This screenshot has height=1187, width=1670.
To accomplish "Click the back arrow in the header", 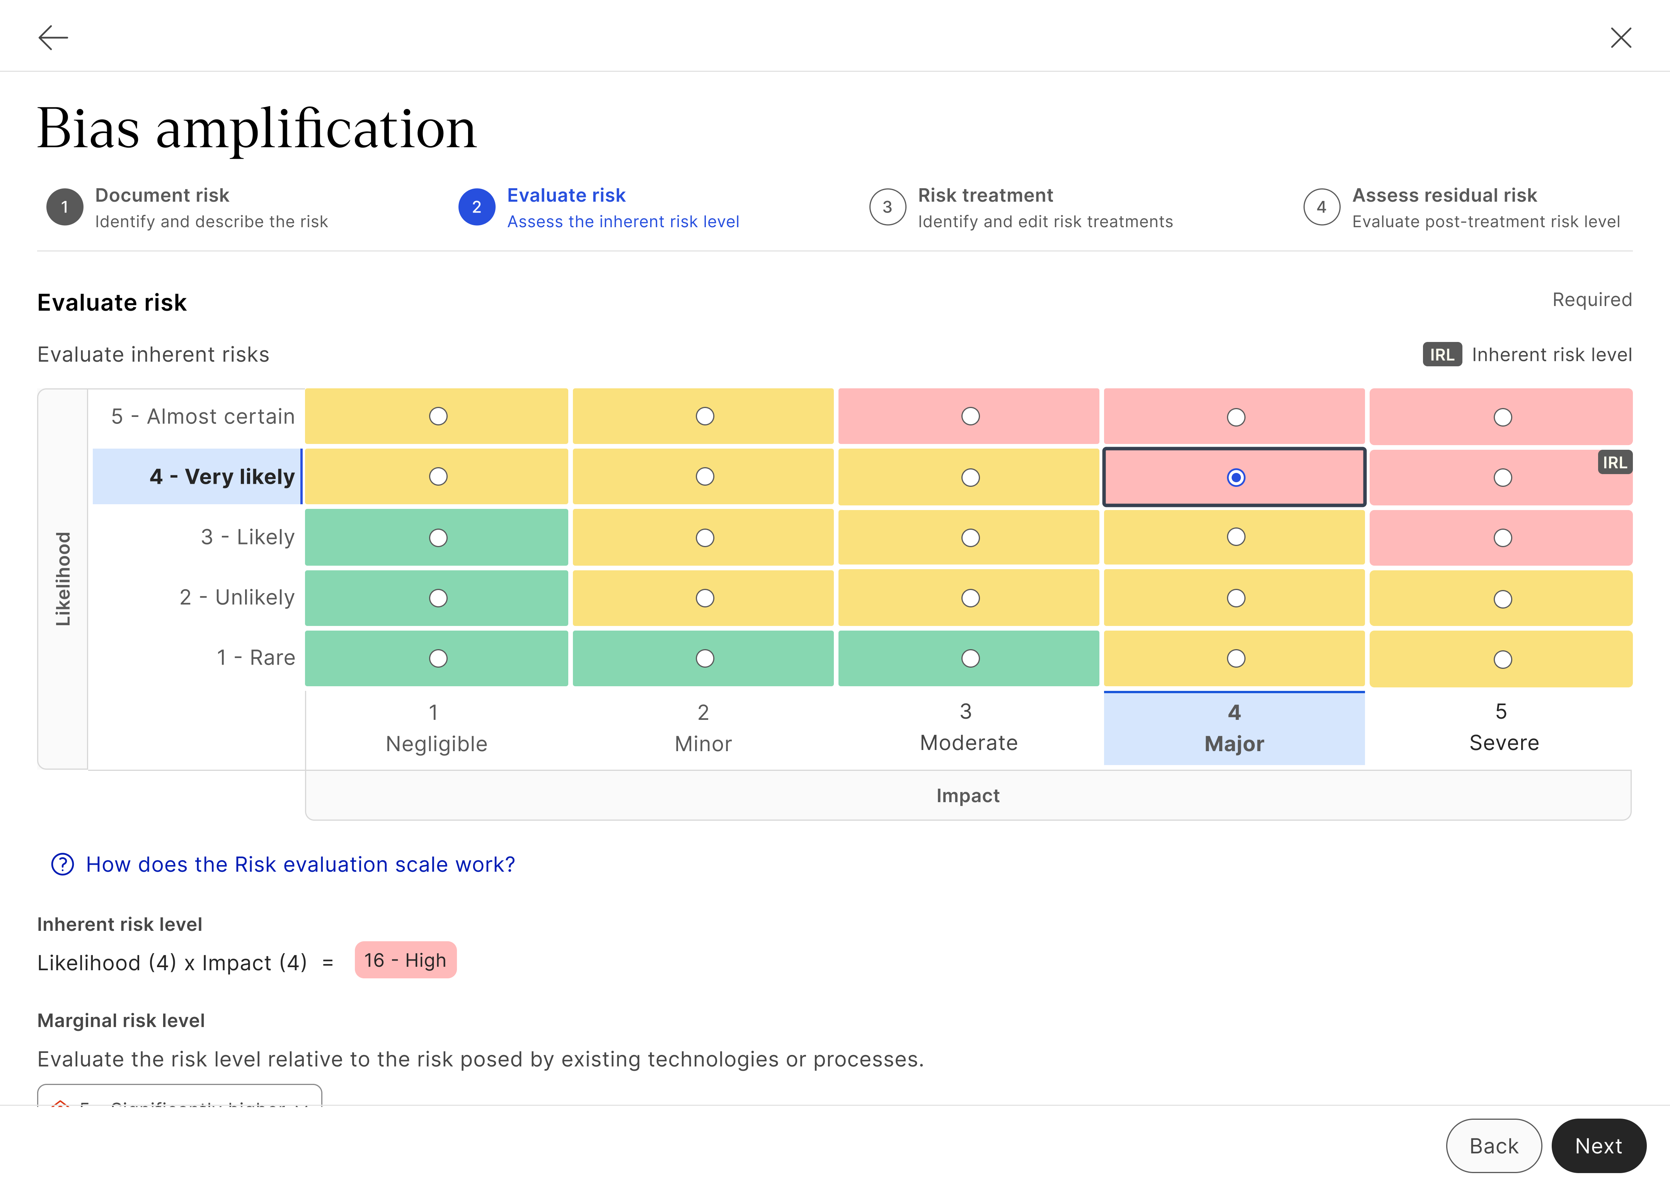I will point(53,37).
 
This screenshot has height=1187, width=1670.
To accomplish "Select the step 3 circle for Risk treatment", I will point(887,207).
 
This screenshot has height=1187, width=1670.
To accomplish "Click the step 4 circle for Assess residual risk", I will point(1321,207).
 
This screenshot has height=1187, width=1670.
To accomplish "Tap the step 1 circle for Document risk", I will point(64,207).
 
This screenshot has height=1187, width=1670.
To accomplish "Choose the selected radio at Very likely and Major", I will point(1235,477).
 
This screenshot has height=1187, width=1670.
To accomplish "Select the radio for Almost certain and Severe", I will point(1503,417).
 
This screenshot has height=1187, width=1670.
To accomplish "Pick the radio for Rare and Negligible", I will point(438,658).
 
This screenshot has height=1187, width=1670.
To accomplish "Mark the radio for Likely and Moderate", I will point(970,538).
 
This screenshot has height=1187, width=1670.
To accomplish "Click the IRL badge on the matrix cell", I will point(1614,463).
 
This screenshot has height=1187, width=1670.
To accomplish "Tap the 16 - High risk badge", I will point(405,961).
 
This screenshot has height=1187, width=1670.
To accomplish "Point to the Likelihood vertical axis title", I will point(63,579).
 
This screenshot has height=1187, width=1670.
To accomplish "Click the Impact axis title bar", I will point(967,795).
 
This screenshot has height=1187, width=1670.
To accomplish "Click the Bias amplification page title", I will point(257,129).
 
